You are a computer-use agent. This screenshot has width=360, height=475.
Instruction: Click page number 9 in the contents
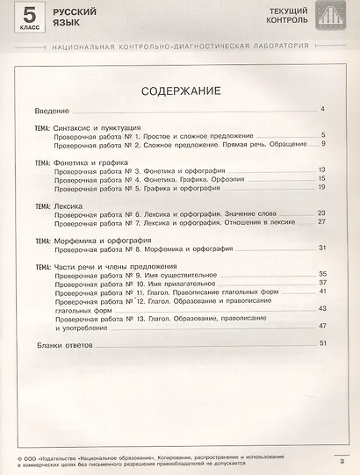pyautogui.click(x=323, y=144)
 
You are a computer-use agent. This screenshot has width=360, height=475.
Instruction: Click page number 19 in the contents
pyautogui.click(x=321, y=187)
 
